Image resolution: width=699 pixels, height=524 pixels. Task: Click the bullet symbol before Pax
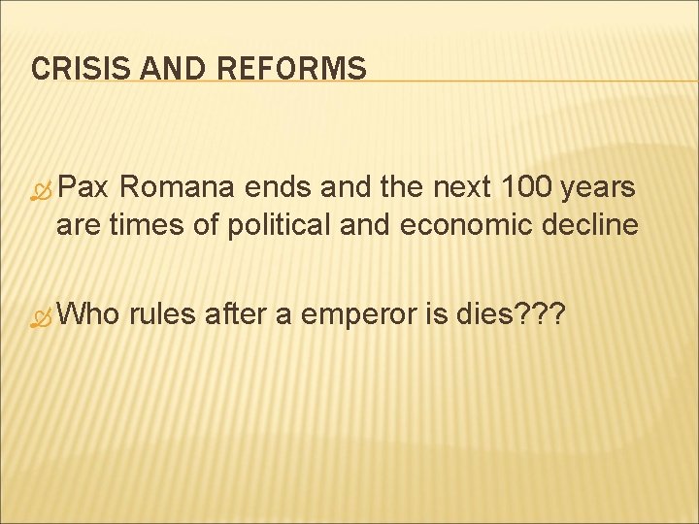41,191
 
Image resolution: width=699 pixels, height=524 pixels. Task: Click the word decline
593,226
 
